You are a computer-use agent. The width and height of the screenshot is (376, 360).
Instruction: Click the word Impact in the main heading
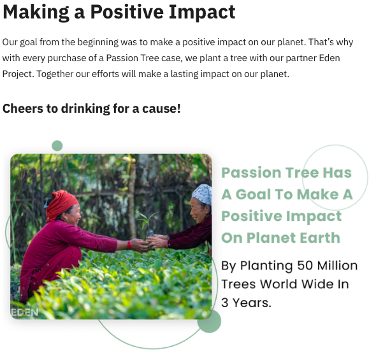point(202,12)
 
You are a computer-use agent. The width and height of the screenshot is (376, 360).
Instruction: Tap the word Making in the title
point(36,13)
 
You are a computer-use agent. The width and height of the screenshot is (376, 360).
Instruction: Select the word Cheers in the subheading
point(23,108)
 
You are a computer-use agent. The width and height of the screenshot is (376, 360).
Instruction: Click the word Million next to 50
point(337,265)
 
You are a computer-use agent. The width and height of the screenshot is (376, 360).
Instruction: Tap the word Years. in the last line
point(252,303)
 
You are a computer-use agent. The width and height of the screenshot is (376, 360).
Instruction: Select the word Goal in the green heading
point(253,194)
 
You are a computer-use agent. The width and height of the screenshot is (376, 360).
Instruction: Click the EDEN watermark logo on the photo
point(24,312)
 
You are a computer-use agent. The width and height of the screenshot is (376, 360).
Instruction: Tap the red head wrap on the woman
point(61,205)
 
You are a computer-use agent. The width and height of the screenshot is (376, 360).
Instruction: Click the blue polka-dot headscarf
point(202,194)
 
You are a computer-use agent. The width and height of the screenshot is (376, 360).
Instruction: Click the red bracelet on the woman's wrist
point(129,245)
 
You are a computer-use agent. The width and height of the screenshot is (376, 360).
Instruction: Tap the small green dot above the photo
point(57,146)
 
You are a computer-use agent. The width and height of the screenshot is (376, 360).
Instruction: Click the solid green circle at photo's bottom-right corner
point(209,321)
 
